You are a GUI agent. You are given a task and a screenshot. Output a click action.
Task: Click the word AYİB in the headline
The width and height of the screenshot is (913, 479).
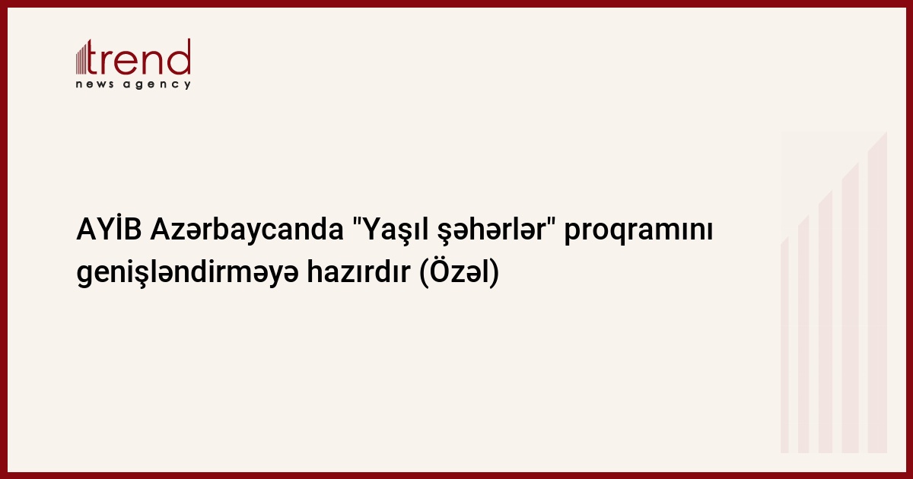point(110,230)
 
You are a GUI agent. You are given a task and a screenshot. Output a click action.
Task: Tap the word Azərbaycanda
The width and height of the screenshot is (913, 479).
point(247,231)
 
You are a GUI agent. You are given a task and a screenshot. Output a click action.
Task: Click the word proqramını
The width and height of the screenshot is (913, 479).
point(638,232)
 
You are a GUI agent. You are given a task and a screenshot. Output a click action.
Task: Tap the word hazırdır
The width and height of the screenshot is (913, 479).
point(358,272)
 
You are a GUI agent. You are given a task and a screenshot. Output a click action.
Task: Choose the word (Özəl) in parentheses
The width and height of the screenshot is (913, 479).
point(459,272)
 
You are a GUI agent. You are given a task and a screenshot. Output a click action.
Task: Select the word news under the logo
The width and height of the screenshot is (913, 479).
point(94,84)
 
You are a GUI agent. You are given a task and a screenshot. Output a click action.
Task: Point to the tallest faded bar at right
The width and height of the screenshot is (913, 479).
point(877,292)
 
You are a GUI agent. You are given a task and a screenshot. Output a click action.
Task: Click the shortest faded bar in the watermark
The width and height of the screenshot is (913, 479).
point(784,345)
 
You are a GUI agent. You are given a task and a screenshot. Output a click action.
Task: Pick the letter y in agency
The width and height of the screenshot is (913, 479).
point(187,85)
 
